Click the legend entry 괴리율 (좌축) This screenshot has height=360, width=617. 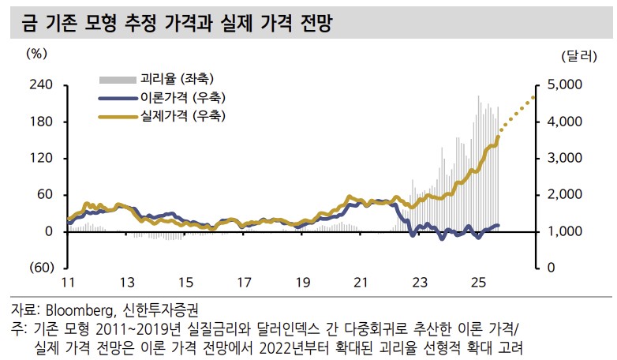178,79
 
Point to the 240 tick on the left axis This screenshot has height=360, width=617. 40,85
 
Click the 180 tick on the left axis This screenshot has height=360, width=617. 40,122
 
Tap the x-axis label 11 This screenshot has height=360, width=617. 69,283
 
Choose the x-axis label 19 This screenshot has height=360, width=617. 302,283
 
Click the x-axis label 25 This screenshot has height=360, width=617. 477,283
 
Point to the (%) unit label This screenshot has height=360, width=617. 37,54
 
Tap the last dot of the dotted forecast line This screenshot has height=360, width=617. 533,97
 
